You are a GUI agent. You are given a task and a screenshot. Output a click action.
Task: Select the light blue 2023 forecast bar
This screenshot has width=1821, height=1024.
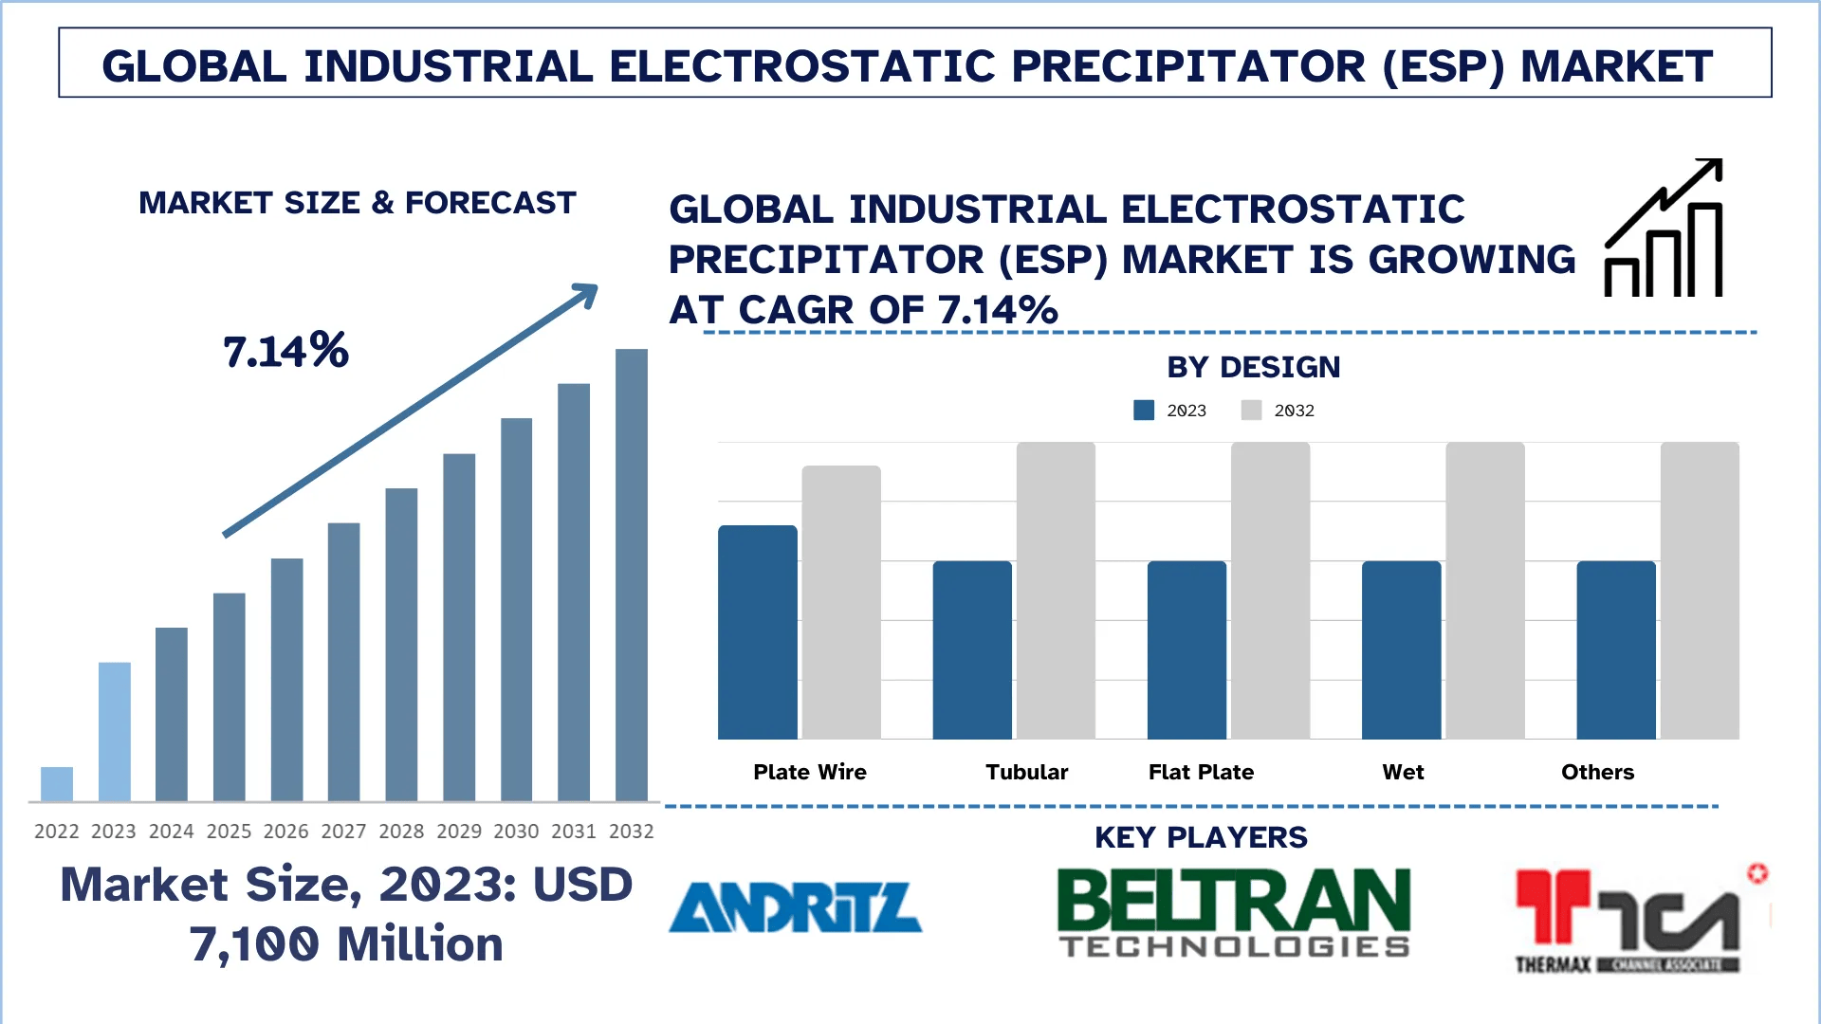(115, 731)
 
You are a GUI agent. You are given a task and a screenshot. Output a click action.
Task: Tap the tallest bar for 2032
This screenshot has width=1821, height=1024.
(632, 575)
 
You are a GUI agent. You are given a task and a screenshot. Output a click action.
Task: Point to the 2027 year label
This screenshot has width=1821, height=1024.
(343, 832)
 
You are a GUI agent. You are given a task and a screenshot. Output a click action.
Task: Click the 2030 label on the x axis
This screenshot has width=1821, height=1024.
(516, 832)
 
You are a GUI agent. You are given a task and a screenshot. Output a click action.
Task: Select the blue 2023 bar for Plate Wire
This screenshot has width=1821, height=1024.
(757, 632)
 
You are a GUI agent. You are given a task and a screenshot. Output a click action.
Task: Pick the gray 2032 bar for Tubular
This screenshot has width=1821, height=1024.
(1056, 591)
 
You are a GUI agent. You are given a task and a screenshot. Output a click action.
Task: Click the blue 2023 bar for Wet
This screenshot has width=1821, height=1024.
(1401, 650)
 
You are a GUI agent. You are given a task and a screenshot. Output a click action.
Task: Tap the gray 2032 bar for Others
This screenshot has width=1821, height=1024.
(1700, 591)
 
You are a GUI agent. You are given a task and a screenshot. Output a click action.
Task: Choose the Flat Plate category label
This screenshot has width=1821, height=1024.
(1201, 772)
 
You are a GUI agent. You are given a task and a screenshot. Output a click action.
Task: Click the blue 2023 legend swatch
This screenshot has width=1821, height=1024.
(1144, 411)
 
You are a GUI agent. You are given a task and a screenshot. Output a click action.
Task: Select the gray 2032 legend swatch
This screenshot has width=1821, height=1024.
(1251, 411)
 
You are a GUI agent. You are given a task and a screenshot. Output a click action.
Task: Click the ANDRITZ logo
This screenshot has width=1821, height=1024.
(796, 907)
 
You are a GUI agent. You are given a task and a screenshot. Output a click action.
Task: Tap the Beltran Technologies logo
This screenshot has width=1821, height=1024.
(1234, 913)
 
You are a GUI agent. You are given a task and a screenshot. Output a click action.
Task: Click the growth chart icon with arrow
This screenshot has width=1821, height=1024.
(1664, 229)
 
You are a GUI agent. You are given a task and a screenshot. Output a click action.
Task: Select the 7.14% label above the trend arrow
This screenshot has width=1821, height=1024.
(285, 351)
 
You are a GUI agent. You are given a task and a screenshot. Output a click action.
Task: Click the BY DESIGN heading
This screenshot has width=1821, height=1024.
(1253, 367)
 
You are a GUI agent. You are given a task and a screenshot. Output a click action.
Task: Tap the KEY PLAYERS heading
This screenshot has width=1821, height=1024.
(1201, 837)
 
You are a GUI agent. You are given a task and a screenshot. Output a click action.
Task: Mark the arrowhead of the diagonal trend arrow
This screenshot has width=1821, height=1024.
(587, 294)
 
